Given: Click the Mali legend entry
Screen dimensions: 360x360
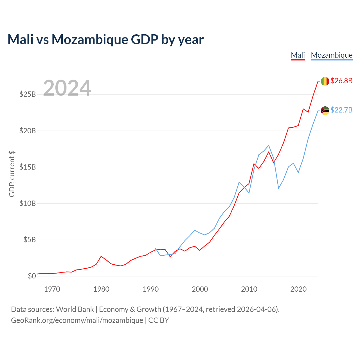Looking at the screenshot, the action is coord(298,55).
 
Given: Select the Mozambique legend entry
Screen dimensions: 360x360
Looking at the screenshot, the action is coord(332,55).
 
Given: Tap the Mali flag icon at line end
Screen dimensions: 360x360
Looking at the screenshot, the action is coord(325,81).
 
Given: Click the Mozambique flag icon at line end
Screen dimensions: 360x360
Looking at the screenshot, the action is coord(325,111).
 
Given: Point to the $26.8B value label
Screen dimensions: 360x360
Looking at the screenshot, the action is coord(341,81).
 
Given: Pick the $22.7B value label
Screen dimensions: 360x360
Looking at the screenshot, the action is coord(341,110).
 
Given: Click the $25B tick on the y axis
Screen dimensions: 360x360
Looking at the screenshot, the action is coord(28,94).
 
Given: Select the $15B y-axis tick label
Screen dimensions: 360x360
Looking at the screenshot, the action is coord(28,167).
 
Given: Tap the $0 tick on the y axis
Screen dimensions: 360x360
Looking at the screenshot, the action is coord(32,276).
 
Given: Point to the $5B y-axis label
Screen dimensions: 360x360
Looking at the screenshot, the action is coord(30,240).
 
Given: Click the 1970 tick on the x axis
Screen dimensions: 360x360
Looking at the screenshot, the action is coord(52,289).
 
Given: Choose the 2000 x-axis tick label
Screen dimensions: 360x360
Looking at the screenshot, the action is coord(200,289).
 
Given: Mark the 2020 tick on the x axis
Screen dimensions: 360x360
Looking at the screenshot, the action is coord(298,289).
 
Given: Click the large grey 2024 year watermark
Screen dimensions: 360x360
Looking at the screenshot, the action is coord(67,88).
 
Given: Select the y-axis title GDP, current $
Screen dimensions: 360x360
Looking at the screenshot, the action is coord(12,174).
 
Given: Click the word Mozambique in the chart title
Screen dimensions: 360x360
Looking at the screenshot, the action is coord(90,40).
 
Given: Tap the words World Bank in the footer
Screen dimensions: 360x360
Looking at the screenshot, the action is coord(75,310).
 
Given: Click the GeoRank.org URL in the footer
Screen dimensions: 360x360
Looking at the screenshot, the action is coord(77,321).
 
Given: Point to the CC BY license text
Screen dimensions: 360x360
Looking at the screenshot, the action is coord(159,320).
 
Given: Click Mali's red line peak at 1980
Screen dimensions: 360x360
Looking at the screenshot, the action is coord(101,256).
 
